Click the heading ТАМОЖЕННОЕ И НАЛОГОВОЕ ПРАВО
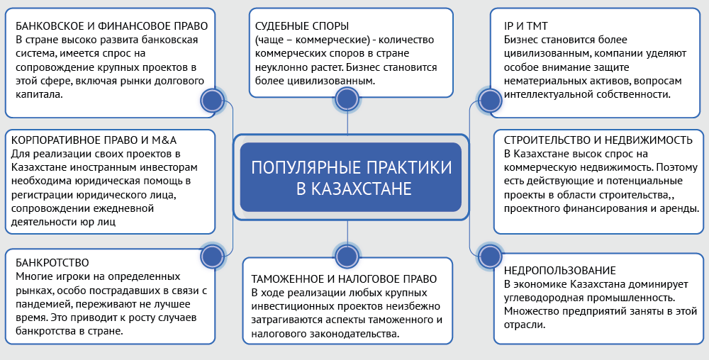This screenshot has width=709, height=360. (340, 279)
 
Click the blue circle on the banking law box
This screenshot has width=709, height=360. (212, 101)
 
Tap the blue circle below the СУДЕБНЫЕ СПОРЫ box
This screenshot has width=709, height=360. (346, 101)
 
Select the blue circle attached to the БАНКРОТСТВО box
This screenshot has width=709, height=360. (212, 255)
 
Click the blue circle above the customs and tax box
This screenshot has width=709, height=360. (346, 255)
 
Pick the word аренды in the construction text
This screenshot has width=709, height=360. (677, 208)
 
